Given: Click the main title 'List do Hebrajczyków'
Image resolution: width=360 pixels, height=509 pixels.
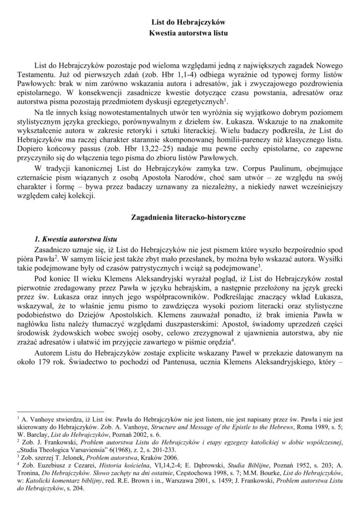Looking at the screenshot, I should click(x=188, y=22).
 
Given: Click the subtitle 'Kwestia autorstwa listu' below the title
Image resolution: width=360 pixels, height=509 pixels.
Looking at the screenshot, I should click(x=188, y=33).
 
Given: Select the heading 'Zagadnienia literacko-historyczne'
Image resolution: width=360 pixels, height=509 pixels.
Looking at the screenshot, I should click(x=188, y=217).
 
